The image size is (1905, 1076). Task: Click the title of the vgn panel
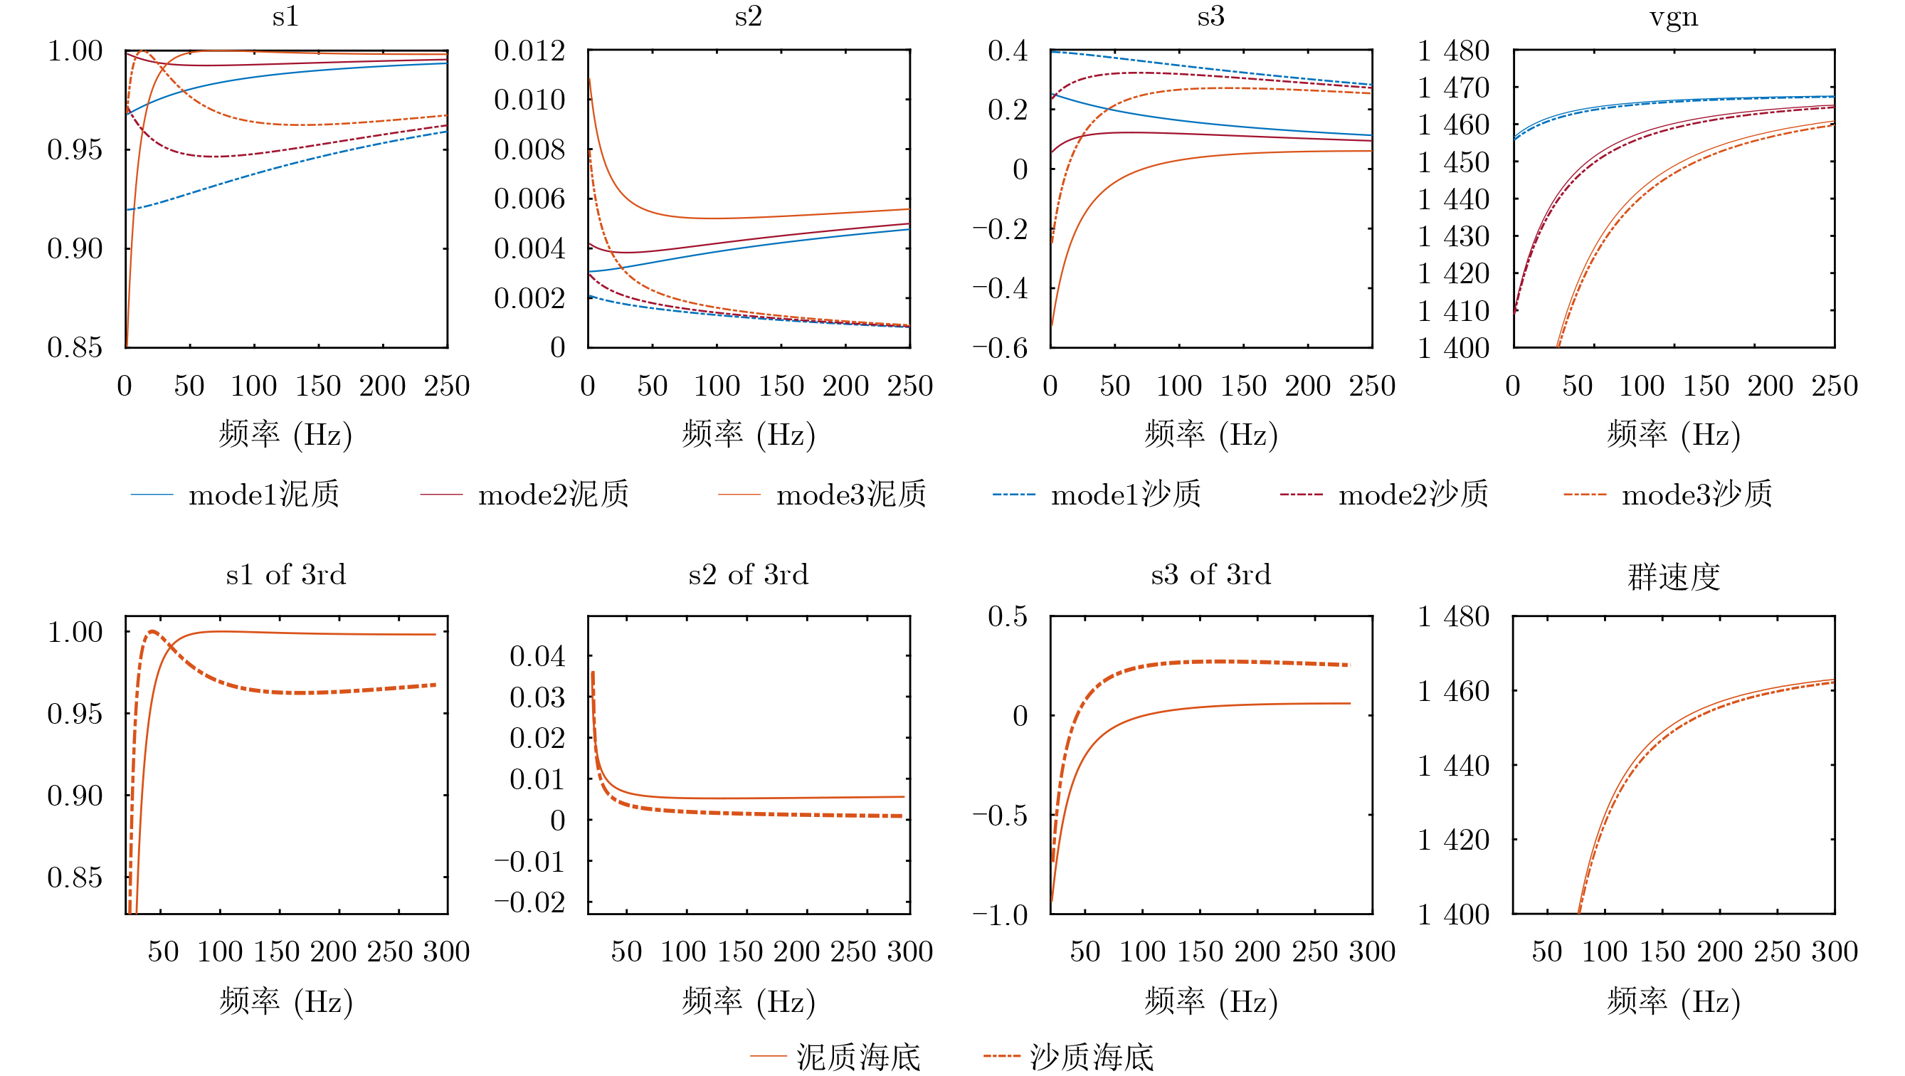[x=1673, y=16]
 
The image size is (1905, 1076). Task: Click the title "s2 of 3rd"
[x=748, y=574]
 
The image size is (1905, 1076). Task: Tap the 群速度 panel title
[x=1673, y=576]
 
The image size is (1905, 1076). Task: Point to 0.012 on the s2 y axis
[x=529, y=51]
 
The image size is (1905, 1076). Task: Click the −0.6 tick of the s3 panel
[x=1000, y=347]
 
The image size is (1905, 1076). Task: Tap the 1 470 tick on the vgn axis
[x=1452, y=88]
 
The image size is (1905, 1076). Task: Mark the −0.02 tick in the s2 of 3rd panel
[x=529, y=902]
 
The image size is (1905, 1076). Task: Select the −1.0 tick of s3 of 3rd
[x=1000, y=915]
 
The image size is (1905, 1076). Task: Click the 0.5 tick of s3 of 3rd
[x=1007, y=616]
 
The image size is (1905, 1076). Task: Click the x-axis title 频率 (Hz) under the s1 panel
[x=285, y=434]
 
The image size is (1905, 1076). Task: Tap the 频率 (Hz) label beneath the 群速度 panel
[x=1673, y=1001]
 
